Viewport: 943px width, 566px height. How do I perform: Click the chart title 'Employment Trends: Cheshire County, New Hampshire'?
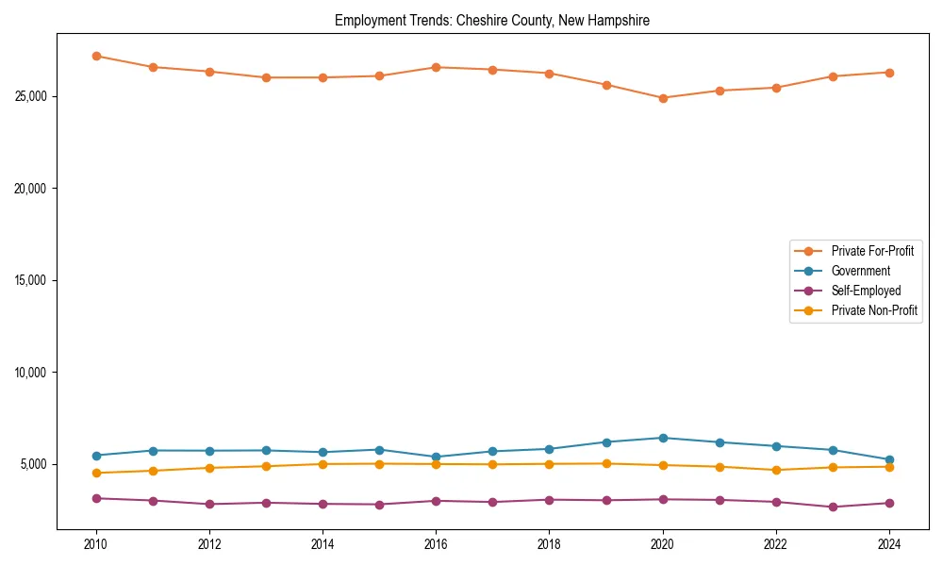click(492, 20)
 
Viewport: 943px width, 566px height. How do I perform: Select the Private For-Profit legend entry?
click(872, 251)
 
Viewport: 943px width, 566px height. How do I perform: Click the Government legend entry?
click(860, 271)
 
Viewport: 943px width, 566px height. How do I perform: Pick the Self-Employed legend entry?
click(866, 291)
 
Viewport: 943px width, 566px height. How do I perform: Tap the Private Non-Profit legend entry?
click(874, 310)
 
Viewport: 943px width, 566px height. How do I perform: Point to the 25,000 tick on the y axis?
click(34, 96)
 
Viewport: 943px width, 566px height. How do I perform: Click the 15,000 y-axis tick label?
click(34, 280)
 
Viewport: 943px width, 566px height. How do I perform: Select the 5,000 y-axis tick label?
click(37, 464)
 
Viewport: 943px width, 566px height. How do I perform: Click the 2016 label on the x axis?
click(436, 544)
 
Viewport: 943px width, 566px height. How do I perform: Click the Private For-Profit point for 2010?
click(96, 56)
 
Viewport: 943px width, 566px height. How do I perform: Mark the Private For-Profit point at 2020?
click(663, 98)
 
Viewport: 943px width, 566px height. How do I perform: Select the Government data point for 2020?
click(663, 438)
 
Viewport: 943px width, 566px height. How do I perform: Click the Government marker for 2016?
click(436, 457)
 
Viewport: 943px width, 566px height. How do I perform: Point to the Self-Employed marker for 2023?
click(833, 507)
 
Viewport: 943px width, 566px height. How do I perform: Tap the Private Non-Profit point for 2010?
click(96, 473)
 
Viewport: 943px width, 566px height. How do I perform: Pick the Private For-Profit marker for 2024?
click(889, 73)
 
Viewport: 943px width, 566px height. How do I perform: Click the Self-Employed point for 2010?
click(96, 498)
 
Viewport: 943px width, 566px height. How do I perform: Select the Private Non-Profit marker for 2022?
click(776, 470)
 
